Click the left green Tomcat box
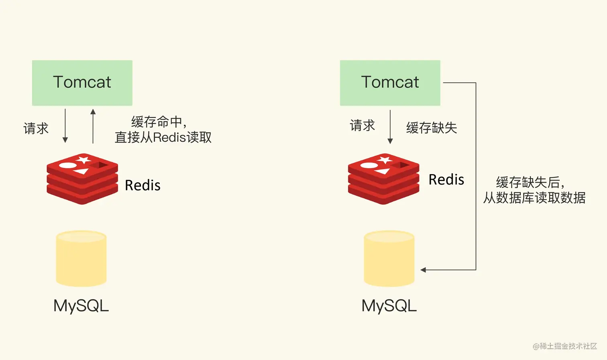(82, 83)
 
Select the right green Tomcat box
(390, 83)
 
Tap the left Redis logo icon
(82, 179)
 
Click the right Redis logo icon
(383, 179)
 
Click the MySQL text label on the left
(81, 306)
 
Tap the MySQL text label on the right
(389, 306)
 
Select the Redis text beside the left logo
(143, 185)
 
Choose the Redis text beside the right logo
(446, 179)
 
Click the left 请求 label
(36, 128)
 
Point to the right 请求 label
(362, 125)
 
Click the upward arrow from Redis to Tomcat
(93, 126)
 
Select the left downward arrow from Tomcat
(65, 126)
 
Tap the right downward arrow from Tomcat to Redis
(390, 127)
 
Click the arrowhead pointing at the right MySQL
(423, 270)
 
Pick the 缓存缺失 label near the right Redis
(432, 128)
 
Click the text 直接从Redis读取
(163, 137)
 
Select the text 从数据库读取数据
(534, 198)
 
